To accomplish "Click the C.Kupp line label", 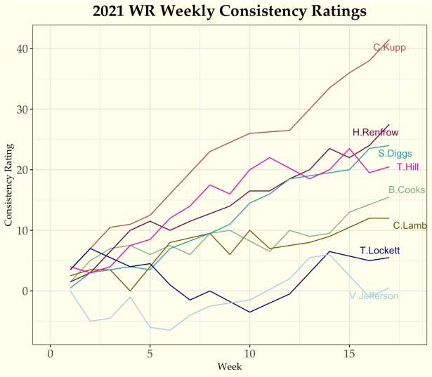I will [389, 48].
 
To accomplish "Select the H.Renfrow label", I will [375, 132].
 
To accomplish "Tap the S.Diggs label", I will [395, 154].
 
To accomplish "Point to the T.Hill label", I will [408, 167].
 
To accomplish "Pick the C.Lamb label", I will [410, 225].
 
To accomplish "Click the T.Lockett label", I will [379, 251].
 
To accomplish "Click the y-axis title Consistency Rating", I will [10, 183].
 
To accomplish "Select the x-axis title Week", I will [230, 366].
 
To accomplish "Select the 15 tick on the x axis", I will [348, 352].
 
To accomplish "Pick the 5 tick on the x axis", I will [150, 352].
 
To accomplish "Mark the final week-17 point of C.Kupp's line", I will [388, 40].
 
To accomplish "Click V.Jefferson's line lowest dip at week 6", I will [169, 330].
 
